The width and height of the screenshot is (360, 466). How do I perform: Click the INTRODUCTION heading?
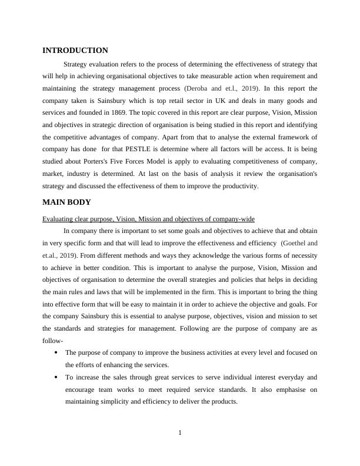[x=75, y=51]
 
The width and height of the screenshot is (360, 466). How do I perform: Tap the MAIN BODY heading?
[x=66, y=202]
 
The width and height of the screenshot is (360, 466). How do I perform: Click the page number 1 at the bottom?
[x=180, y=434]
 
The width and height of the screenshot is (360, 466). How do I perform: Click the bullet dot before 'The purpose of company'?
[x=55, y=353]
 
